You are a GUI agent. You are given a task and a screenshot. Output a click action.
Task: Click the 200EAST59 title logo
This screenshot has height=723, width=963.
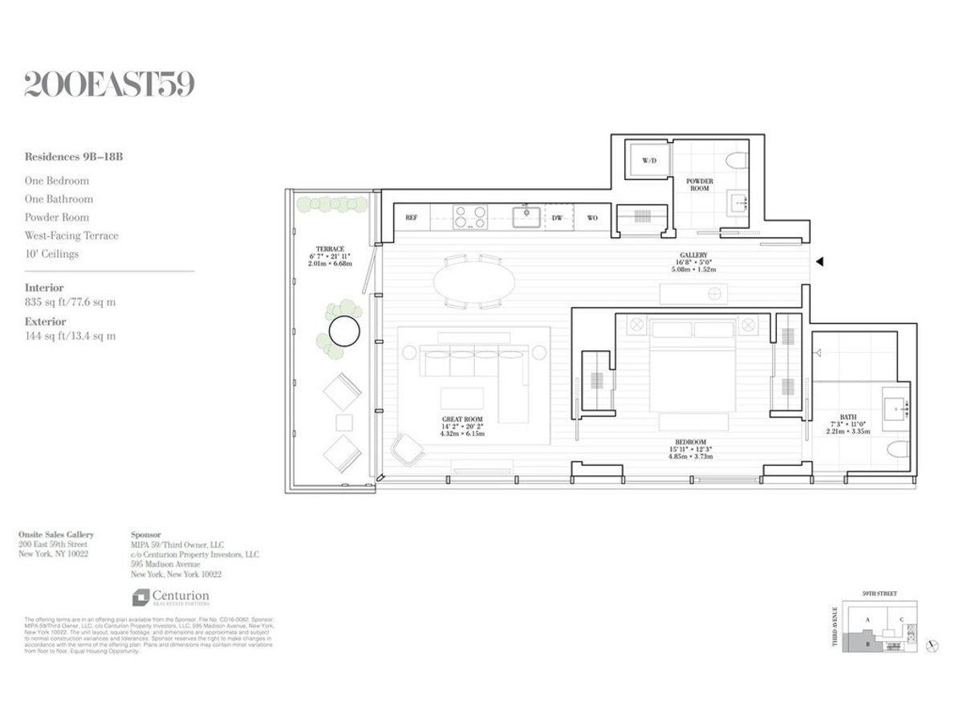point(109,84)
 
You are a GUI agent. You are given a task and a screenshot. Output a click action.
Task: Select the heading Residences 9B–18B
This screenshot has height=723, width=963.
point(74,157)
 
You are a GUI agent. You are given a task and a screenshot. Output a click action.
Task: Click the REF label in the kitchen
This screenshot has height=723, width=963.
point(411,218)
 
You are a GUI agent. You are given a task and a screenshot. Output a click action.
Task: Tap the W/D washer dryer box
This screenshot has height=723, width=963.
point(649,161)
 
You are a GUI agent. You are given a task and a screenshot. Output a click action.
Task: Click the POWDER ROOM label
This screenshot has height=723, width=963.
point(699,186)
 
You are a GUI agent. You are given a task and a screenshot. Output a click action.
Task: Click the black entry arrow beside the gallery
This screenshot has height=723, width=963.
point(819,262)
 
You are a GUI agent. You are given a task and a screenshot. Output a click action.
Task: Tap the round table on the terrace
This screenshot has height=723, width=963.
point(346,331)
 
